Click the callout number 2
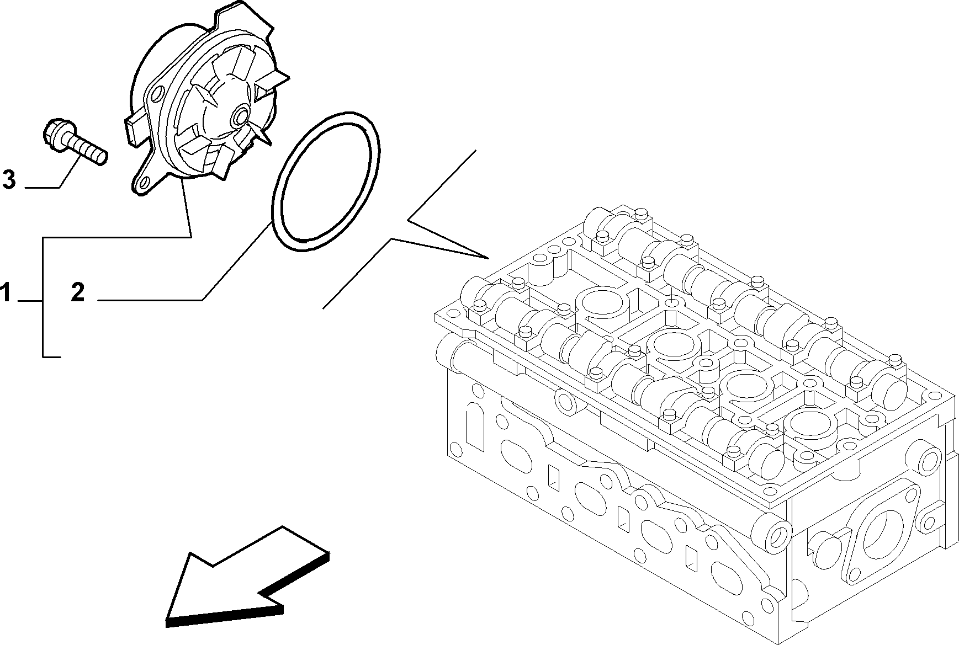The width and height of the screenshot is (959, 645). [78, 292]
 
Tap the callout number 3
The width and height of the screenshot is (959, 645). [9, 180]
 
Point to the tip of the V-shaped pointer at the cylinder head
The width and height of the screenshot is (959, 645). [489, 258]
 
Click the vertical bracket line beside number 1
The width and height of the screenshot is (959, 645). [43, 297]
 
